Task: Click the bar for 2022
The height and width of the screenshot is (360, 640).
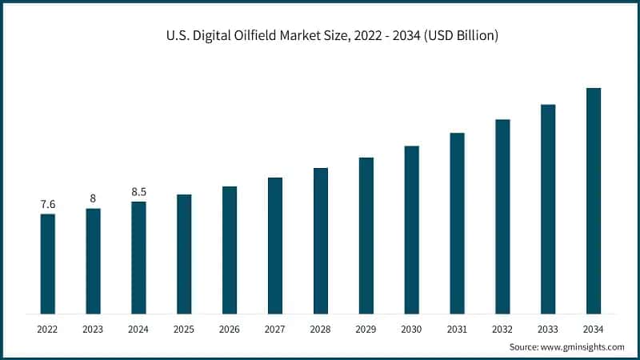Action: click(x=48, y=264)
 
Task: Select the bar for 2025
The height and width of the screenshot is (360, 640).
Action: click(x=184, y=254)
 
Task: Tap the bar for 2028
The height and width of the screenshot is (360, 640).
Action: click(x=321, y=241)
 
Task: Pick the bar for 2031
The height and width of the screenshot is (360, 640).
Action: click(x=457, y=223)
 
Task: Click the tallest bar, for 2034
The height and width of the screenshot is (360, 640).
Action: click(x=594, y=201)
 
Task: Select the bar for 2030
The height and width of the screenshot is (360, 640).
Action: click(x=411, y=230)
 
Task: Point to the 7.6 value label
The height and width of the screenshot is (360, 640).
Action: click(x=48, y=205)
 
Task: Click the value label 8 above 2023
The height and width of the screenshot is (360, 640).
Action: click(x=93, y=199)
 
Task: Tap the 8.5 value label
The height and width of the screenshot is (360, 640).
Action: click(x=138, y=192)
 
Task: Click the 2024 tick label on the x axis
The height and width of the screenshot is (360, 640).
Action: click(x=138, y=329)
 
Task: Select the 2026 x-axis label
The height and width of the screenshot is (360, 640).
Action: click(x=230, y=329)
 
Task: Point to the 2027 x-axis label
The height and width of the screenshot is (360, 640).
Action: click(x=275, y=329)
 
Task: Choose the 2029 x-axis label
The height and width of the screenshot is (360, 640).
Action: click(x=366, y=329)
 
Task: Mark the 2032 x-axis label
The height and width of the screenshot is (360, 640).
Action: click(x=502, y=329)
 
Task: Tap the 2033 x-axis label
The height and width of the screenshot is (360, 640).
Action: click(x=548, y=329)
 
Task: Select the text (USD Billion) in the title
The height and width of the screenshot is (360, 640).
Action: click(x=462, y=37)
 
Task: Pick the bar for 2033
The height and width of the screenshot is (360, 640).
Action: click(x=548, y=209)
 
